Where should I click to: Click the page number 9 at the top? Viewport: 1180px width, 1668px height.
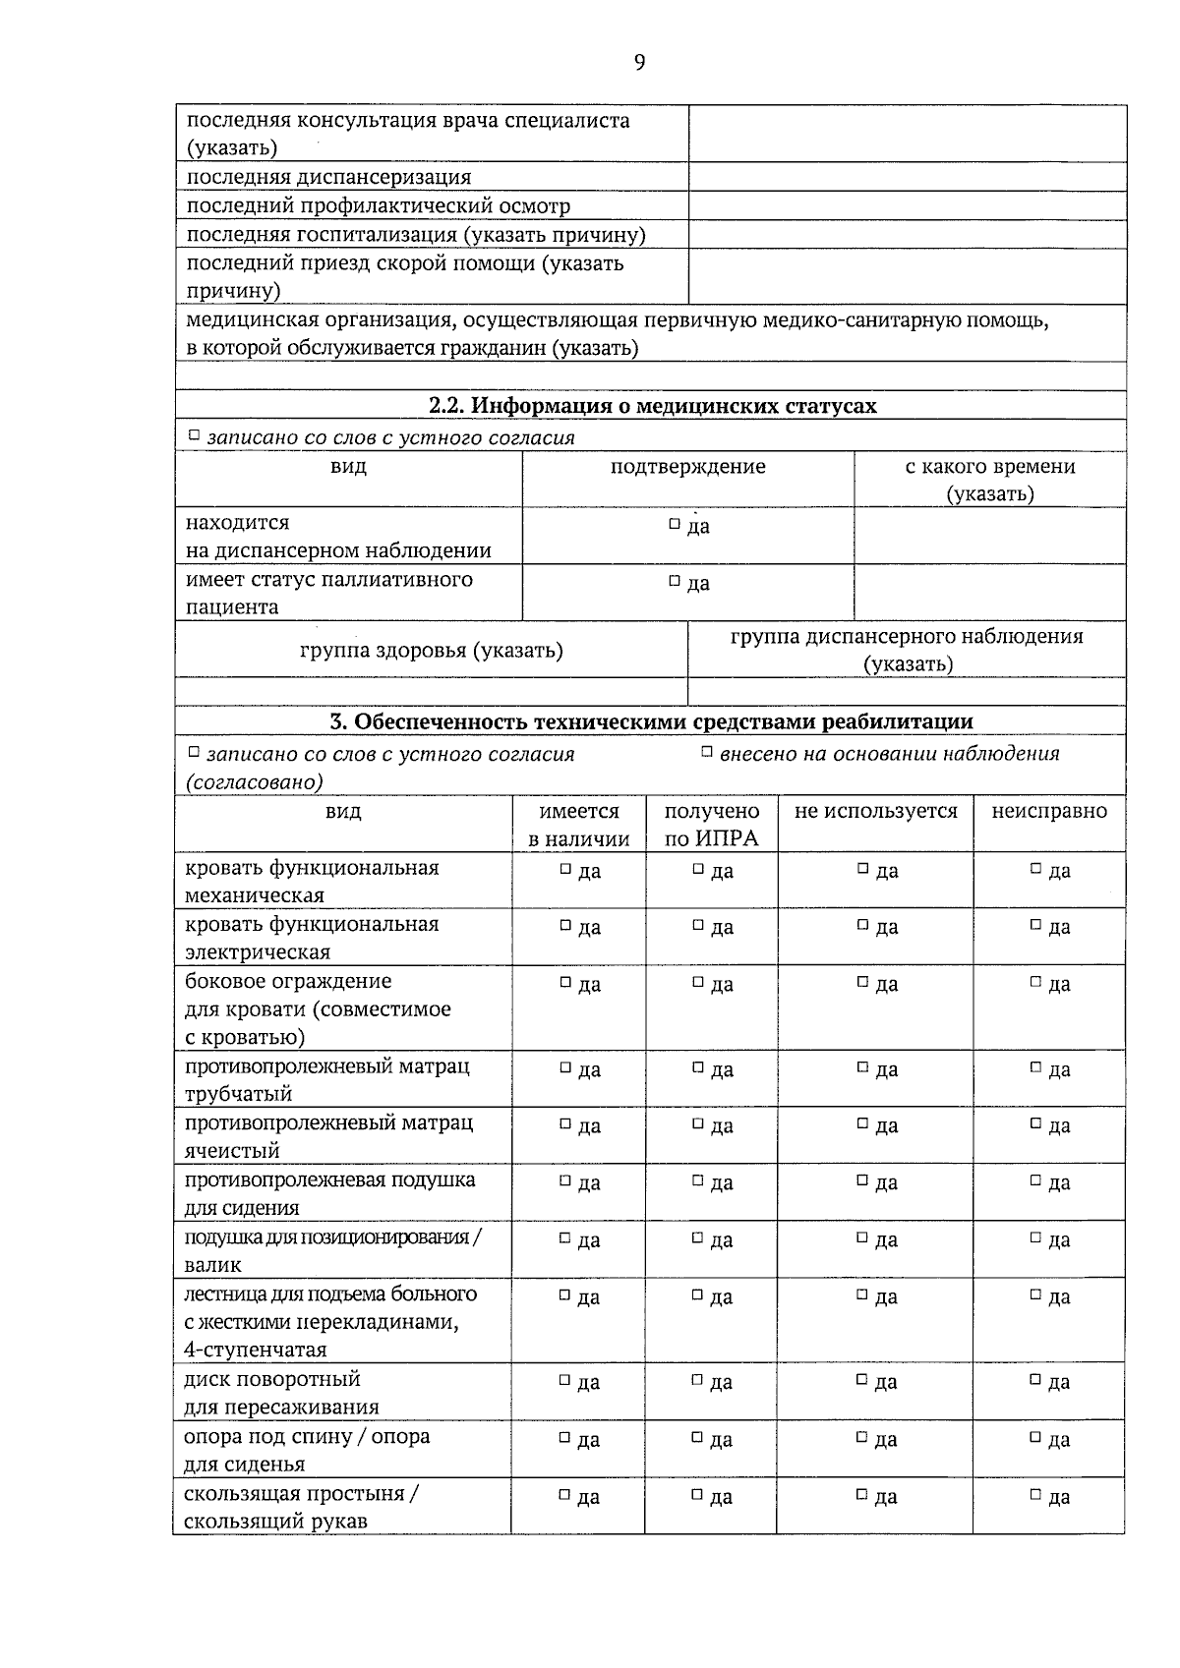pyautogui.click(x=639, y=63)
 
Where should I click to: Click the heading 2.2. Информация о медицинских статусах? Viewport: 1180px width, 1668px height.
pyautogui.click(x=652, y=406)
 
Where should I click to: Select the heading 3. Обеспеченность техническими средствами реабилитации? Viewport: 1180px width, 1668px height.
pyautogui.click(x=651, y=721)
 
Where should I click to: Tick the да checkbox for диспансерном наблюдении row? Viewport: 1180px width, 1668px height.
pyautogui.click(x=675, y=525)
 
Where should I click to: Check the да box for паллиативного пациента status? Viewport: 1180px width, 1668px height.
pyautogui.click(x=675, y=582)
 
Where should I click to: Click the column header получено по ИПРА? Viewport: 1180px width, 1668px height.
pyautogui.click(x=712, y=824)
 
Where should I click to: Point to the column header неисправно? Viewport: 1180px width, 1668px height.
pyautogui.click(x=1048, y=812)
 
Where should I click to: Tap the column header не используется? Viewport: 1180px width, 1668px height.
pyautogui.click(x=875, y=812)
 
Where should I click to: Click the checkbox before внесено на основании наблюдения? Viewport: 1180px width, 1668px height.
pyautogui.click(x=706, y=753)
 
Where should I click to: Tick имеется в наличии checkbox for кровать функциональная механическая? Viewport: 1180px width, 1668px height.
pyautogui.click(x=565, y=869)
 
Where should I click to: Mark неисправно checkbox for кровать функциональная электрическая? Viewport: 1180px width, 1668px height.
pyautogui.click(x=1035, y=925)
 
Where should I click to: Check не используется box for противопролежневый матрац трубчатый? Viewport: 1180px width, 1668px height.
pyautogui.click(x=862, y=1067)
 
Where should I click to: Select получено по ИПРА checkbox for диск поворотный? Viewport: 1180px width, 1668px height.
pyautogui.click(x=697, y=1381)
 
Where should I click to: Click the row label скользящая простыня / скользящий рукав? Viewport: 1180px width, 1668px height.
pyautogui.click(x=301, y=1507)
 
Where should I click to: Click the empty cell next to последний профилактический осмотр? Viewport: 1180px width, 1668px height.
pyautogui.click(x=907, y=205)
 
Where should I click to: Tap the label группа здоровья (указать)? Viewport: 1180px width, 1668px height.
pyautogui.click(x=431, y=650)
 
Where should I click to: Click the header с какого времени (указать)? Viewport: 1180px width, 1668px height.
pyautogui.click(x=989, y=480)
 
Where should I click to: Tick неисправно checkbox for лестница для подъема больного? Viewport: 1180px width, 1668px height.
pyautogui.click(x=1035, y=1295)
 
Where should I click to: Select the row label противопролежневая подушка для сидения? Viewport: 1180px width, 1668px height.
pyautogui.click(x=329, y=1193)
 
